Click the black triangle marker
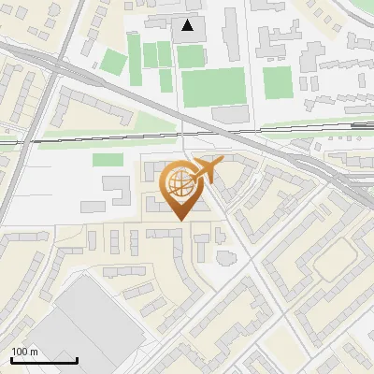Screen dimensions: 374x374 (x=189, y=25)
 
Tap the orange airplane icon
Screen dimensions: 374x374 (x=207, y=171)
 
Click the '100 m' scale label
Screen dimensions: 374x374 (x=24, y=352)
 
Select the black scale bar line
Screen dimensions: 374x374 (x=44, y=360)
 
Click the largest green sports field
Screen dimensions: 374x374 (x=212, y=87)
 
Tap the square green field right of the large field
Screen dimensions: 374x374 (x=277, y=82)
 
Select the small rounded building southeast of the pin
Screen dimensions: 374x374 (x=224, y=254)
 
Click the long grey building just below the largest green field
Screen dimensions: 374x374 (x=230, y=113)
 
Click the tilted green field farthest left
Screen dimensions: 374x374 (x=113, y=64)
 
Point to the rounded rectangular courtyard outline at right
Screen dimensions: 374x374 (x=334, y=264)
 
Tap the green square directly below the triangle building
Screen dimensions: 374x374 (x=190, y=57)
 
